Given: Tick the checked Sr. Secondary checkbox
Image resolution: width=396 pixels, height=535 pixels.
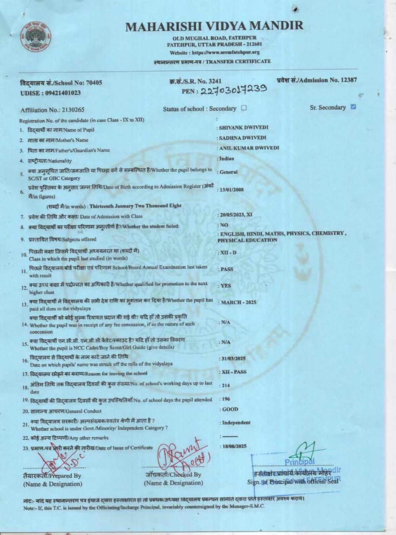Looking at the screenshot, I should [354, 107].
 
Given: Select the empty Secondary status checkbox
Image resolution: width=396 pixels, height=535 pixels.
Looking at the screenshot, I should [244, 108].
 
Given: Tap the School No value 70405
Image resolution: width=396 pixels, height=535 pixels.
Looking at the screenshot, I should [94, 82].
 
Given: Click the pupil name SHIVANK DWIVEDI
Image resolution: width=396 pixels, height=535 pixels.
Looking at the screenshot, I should [244, 128].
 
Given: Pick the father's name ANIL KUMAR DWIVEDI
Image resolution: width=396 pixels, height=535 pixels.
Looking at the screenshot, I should [249, 148].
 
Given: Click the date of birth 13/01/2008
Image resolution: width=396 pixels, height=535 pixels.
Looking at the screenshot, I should [232, 190].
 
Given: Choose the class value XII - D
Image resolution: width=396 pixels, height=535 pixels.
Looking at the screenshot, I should [228, 252].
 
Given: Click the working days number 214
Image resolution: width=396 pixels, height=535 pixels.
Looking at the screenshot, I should [225, 385].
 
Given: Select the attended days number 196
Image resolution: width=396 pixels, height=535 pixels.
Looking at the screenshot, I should [226, 399].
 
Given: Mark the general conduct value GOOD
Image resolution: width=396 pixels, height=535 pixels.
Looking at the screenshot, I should [230, 409].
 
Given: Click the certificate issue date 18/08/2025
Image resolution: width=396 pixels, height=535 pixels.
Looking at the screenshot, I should [234, 446].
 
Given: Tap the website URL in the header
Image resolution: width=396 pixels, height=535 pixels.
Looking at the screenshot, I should [225, 52].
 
